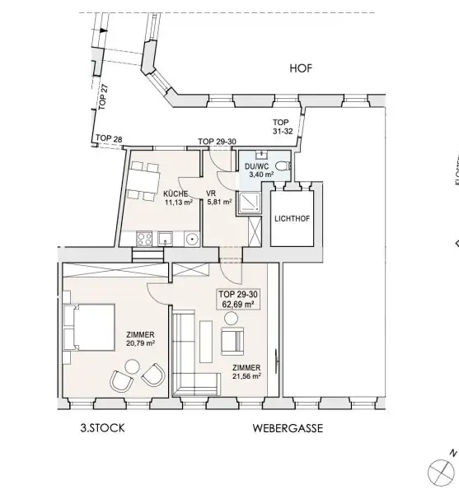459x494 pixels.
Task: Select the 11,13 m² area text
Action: pyautogui.click(x=178, y=202)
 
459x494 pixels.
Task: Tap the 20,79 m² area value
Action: pyautogui.click(x=140, y=343)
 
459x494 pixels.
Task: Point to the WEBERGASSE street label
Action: pyautogui.click(x=288, y=429)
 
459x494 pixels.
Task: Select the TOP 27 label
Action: pyautogui.click(x=103, y=96)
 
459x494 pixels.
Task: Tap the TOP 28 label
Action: pyautogui.click(x=109, y=138)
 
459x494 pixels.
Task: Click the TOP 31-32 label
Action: pyautogui.click(x=283, y=125)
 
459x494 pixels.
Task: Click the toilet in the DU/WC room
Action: pyautogui.click(x=282, y=168)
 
